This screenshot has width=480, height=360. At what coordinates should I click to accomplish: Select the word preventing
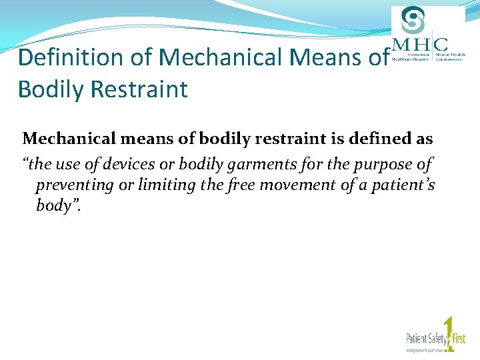click(75, 185)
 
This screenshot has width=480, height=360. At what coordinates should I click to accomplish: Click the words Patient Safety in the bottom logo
click(423, 337)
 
